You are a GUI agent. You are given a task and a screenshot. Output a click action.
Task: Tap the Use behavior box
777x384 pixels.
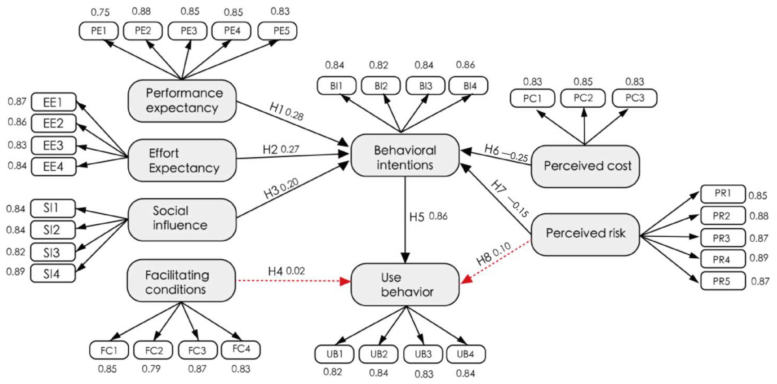[405, 284]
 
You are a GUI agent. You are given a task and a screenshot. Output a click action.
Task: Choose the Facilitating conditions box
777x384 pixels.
[181, 280]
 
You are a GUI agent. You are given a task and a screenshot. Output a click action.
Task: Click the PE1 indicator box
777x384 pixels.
[99, 31]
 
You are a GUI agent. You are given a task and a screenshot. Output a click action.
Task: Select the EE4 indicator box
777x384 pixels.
[53, 166]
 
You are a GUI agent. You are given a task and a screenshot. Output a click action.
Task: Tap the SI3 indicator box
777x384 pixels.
[53, 252]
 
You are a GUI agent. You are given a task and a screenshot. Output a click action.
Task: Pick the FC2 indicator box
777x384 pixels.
[153, 350]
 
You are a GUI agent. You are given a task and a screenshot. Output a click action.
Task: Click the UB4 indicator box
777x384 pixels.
[466, 354]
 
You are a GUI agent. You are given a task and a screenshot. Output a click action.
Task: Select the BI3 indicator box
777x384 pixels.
[425, 86]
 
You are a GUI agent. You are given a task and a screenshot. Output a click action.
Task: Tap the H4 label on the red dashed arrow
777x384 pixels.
[275, 271]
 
